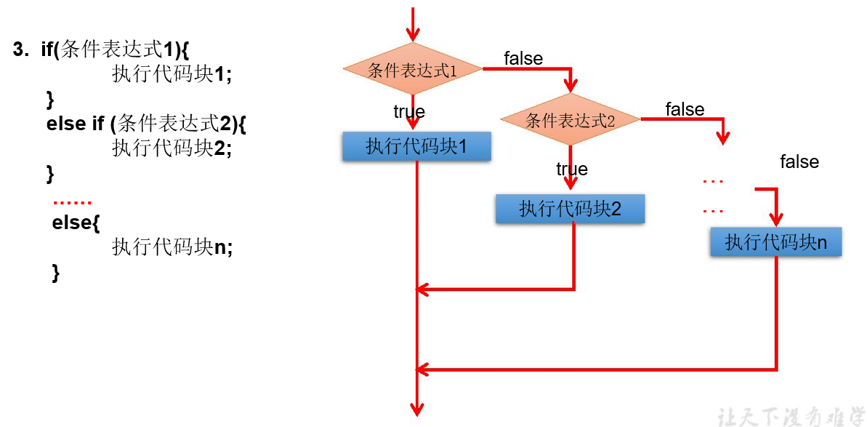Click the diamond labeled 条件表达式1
(412, 71)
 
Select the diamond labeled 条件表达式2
(570, 120)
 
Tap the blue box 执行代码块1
(416, 147)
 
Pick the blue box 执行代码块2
(570, 209)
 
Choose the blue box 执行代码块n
(775, 242)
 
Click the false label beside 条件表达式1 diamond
(523, 59)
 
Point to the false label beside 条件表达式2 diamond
(685, 110)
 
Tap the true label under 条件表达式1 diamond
(409, 112)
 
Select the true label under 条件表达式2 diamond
(572, 169)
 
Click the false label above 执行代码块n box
(799, 162)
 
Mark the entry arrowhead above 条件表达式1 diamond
(413, 34)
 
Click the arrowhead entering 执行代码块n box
(776, 220)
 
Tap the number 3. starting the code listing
(21, 49)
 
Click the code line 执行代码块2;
(172, 148)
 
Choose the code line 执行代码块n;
(172, 247)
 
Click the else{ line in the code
(76, 223)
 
